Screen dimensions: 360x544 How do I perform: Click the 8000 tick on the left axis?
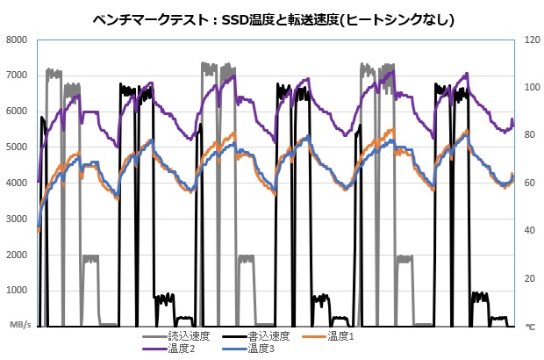point(18,40)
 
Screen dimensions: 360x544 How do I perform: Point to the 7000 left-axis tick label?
point(18,76)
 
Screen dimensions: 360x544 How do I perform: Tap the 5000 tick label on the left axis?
point(18,147)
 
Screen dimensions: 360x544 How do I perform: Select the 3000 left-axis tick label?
point(18,219)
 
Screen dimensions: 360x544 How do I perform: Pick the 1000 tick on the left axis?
point(18,291)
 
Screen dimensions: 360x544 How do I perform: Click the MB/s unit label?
point(20,326)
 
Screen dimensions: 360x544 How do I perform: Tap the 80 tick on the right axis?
point(530,135)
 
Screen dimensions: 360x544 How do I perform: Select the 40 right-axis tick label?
point(530,231)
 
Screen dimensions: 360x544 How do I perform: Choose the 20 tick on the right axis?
point(530,278)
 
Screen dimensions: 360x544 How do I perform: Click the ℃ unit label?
point(530,326)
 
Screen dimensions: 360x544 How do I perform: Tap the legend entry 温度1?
point(340,336)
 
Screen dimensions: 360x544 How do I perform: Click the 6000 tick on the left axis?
point(18,111)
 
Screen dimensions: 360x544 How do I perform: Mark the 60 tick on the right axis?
point(530,183)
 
